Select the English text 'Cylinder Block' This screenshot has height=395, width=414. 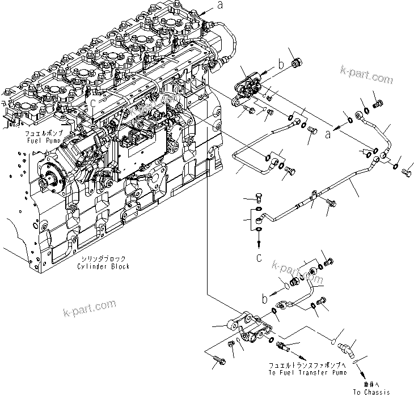pos(105,266)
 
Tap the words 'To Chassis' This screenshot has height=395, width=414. pos(371,392)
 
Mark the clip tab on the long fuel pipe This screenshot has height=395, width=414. pos(312,199)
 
